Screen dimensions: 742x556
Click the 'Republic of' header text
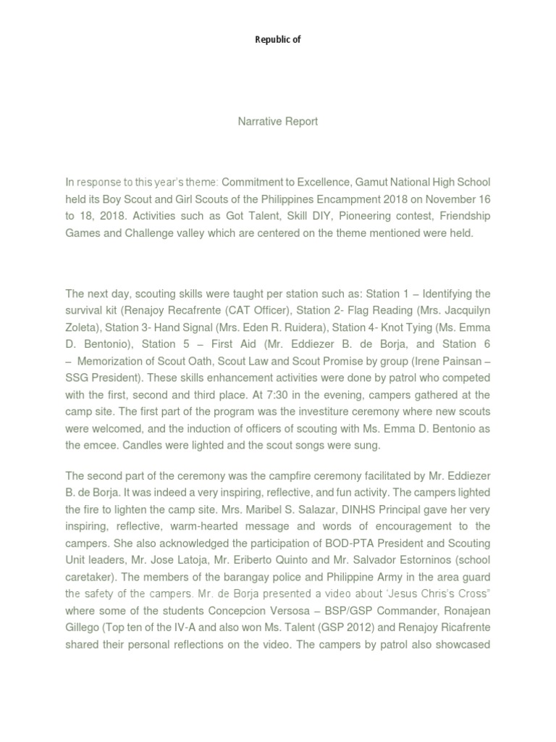click(277, 40)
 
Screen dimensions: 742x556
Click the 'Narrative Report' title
click(278, 122)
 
